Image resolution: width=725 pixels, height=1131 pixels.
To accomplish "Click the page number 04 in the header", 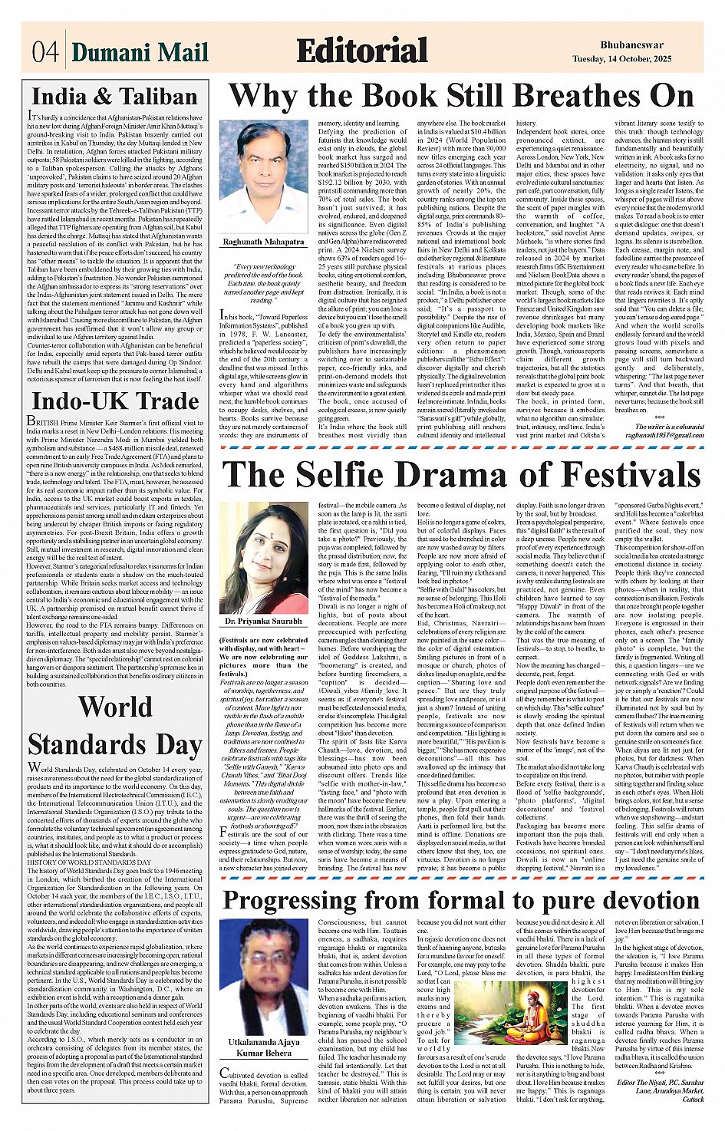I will (44, 52).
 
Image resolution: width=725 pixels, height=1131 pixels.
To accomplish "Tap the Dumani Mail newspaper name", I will (140, 52).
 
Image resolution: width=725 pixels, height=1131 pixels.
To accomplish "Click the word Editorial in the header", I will (361, 51).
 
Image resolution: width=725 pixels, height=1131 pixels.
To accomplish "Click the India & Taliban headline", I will (114, 97).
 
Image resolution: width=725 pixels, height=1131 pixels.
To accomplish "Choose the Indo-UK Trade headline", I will (115, 401).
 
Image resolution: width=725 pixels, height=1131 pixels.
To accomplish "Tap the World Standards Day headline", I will (115, 725).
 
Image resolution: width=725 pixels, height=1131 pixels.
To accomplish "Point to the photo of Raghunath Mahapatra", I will (263, 176).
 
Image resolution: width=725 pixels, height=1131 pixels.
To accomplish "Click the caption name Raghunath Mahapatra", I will (263, 242).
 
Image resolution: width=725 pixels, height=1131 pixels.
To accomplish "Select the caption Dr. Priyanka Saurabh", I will (263, 620).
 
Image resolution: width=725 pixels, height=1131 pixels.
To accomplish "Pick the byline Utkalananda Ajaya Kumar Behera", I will (263, 1048).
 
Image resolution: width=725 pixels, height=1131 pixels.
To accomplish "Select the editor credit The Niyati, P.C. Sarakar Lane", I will (661, 1090).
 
